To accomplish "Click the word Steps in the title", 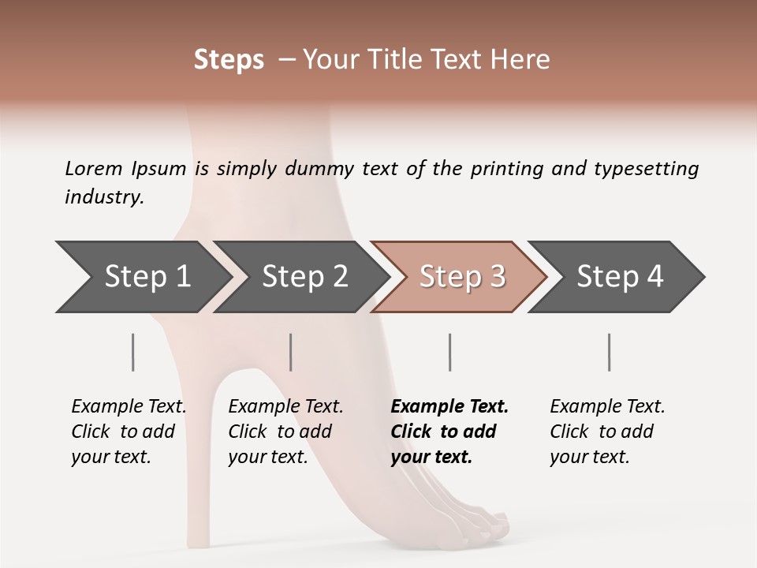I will (229, 60).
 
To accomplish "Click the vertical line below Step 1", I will (132, 352).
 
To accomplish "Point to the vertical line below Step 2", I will (291, 352).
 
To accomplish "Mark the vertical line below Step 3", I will (449, 352).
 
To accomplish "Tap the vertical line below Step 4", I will (609, 352).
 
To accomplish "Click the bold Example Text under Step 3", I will (449, 406).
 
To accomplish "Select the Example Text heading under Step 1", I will (129, 406).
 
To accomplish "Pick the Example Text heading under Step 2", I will (285, 406).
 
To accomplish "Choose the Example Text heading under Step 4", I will (607, 406).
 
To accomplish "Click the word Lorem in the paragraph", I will (94, 168).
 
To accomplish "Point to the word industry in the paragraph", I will (104, 196).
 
